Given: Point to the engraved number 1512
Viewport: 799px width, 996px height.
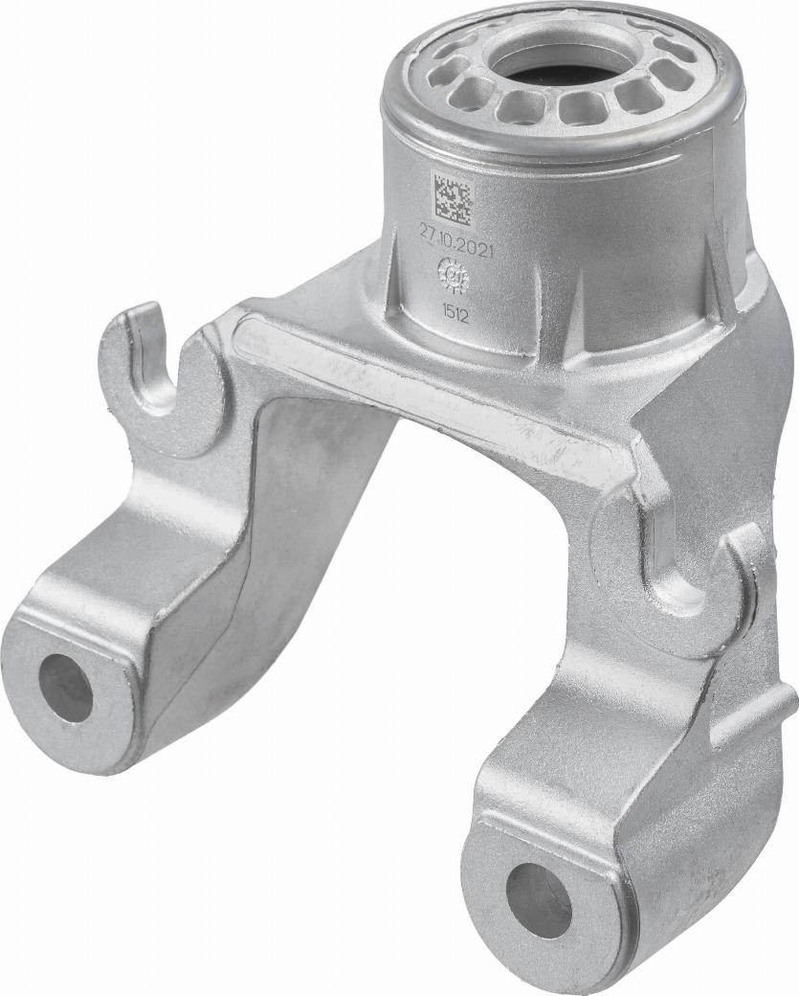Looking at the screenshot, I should coord(455,312).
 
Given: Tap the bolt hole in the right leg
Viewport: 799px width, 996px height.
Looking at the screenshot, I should coord(538,899).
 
